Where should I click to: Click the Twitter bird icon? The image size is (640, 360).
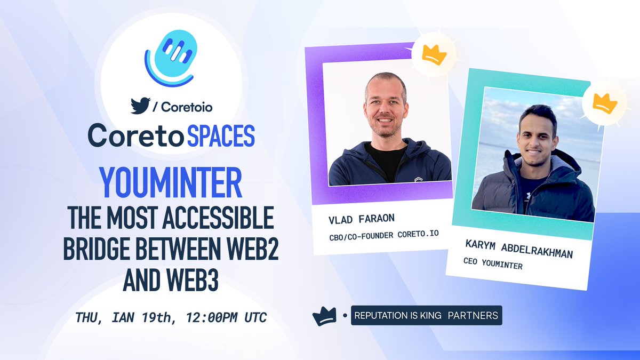tap(141, 106)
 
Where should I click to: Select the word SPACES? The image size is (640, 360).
tap(220, 136)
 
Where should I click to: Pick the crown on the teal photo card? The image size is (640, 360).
tap(604, 102)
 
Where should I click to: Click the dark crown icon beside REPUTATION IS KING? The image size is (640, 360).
tap(323, 316)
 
